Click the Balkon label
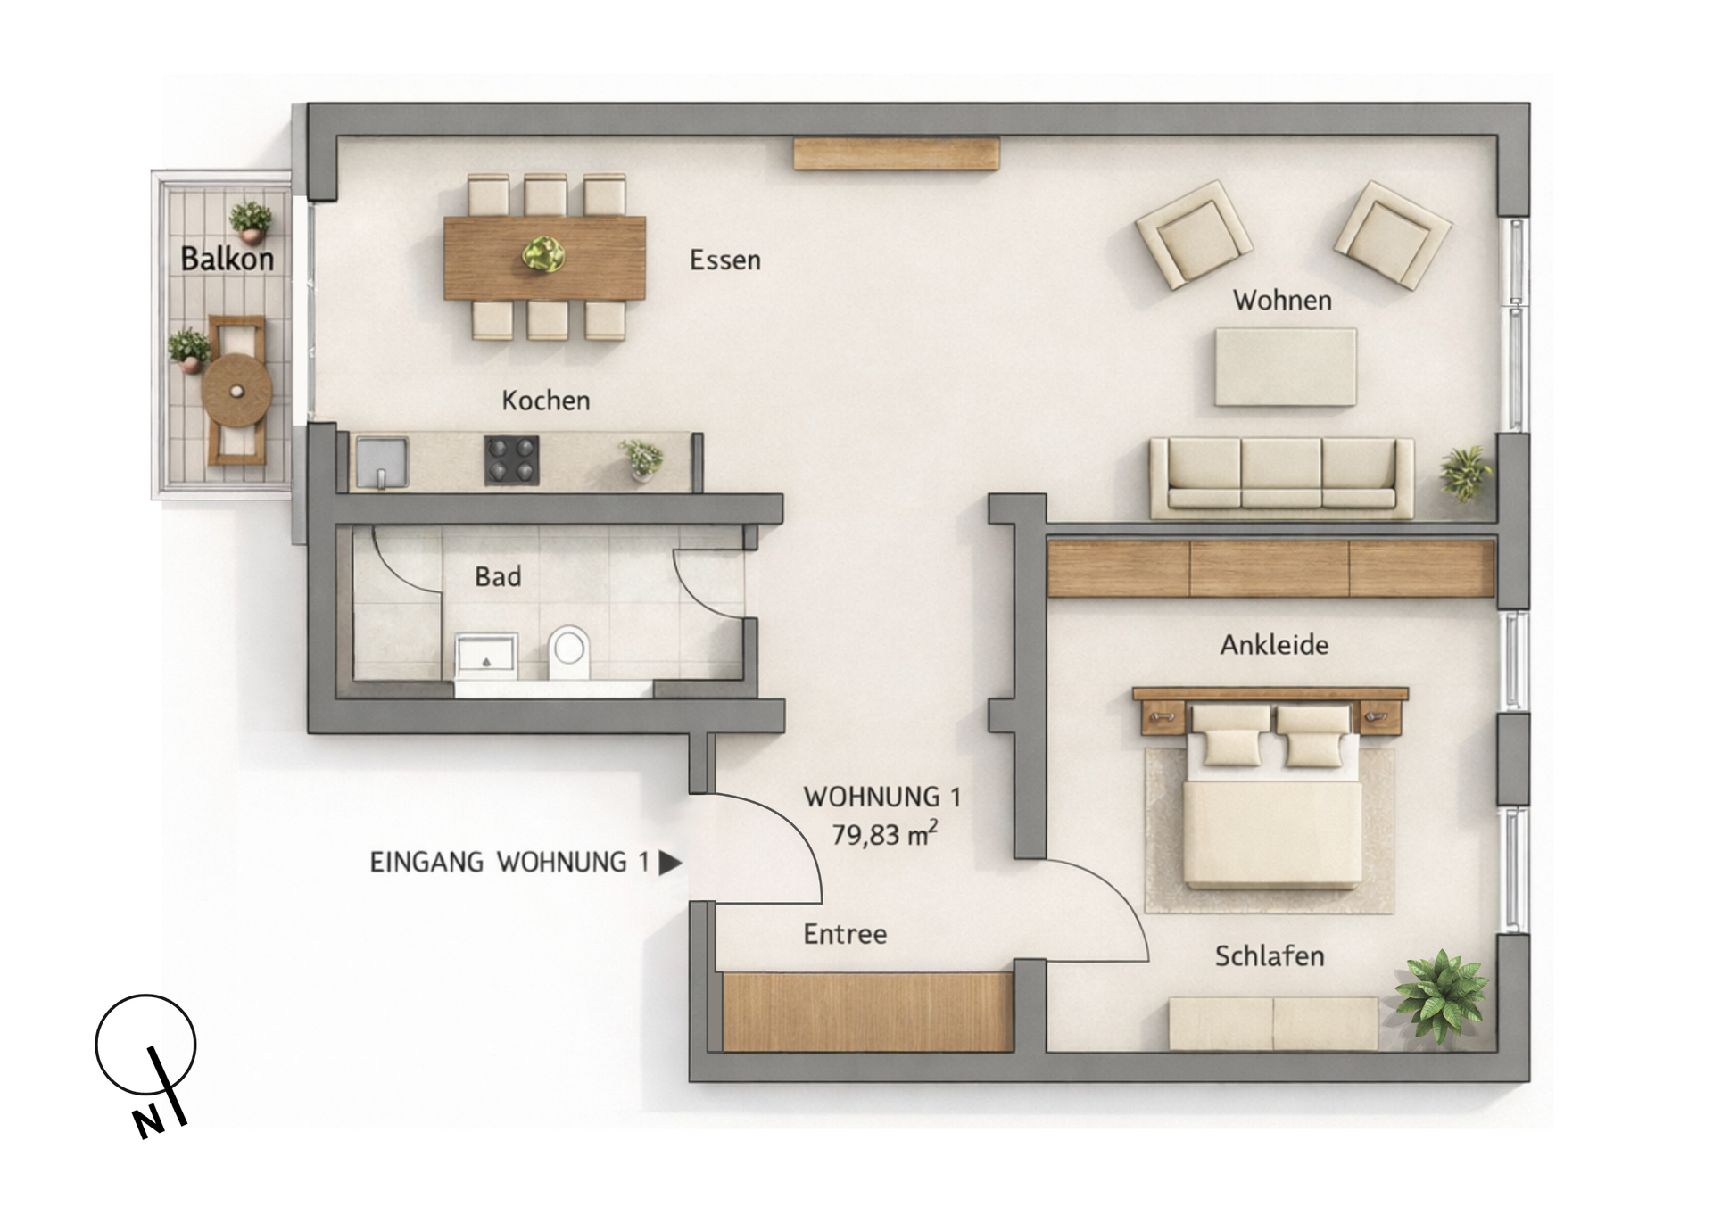pos(227,259)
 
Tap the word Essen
pos(724,260)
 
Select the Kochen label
pos(545,401)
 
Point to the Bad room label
pos(498,577)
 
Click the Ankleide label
pos(1274,645)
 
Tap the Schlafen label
pos(1269,956)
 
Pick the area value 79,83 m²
pos(884,835)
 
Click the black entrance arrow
pos(669,863)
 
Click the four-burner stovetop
pos(511,460)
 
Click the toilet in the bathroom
pos(569,652)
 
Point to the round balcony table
pos(236,391)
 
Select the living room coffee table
pos(1286,367)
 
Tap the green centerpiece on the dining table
pos(543,255)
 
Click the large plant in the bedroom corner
pos(1441,996)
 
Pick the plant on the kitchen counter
pos(642,459)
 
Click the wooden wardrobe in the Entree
pos(867,1012)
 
